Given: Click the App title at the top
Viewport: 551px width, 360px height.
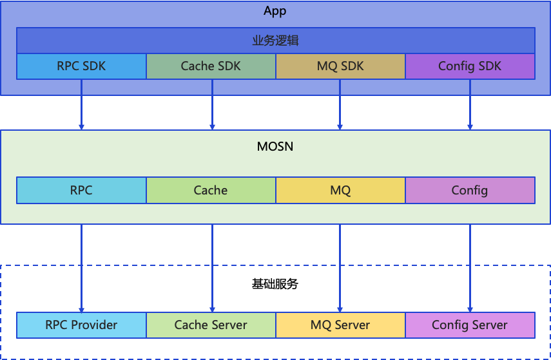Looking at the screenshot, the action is [x=275, y=11].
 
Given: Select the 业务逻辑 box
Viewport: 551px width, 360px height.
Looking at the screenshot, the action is [x=276, y=41].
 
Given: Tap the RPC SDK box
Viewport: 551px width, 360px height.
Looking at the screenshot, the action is [x=81, y=66].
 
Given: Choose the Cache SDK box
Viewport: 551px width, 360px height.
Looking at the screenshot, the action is [x=211, y=66].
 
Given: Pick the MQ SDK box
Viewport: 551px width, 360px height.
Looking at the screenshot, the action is [x=340, y=66].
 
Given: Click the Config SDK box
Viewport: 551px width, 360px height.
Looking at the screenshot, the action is [x=470, y=66].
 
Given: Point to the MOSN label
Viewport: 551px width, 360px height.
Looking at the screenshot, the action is [x=275, y=146].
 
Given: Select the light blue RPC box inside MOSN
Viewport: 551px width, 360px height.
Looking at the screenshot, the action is [x=81, y=190].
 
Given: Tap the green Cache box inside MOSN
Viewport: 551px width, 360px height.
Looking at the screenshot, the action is [x=211, y=190].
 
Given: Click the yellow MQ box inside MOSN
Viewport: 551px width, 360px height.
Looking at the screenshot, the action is [x=340, y=190].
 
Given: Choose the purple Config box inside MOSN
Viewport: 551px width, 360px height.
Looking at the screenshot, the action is [x=470, y=190].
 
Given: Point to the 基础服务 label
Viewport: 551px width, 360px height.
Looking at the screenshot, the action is [x=275, y=284].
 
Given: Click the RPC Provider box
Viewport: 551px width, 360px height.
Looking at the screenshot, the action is [x=81, y=325].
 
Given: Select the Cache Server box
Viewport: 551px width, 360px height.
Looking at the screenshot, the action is [x=211, y=325].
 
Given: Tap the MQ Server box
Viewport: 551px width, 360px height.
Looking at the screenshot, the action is [x=340, y=325].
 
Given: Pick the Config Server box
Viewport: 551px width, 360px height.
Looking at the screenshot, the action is [x=470, y=325].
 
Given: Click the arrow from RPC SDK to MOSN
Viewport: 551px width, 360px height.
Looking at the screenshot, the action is [x=81, y=105].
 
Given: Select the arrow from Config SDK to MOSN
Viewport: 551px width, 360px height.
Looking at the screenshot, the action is [x=470, y=105].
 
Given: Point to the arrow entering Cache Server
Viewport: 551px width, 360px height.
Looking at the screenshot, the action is [x=212, y=269].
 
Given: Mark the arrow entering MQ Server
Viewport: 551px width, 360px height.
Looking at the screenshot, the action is [x=340, y=269].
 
